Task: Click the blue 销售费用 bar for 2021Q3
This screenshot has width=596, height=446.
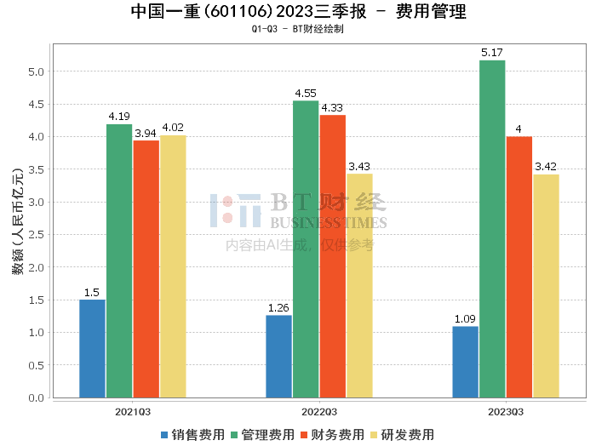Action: click(92, 348)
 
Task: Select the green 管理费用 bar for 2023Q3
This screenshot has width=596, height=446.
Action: click(492, 229)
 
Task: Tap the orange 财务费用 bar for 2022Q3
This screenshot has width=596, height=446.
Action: click(333, 256)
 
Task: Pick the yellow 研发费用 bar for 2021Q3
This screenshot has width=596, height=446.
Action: click(173, 266)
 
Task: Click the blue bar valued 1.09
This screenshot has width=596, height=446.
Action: click(465, 362)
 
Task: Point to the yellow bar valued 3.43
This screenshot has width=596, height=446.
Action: click(359, 285)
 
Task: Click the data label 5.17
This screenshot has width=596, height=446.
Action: click(492, 53)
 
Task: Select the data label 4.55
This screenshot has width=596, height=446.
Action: click(306, 94)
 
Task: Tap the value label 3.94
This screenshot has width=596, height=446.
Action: click(146, 133)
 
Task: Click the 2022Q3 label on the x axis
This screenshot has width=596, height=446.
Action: click(319, 411)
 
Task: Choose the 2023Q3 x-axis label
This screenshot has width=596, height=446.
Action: click(506, 411)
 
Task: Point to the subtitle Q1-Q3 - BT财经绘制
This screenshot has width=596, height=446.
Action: click(297, 29)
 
